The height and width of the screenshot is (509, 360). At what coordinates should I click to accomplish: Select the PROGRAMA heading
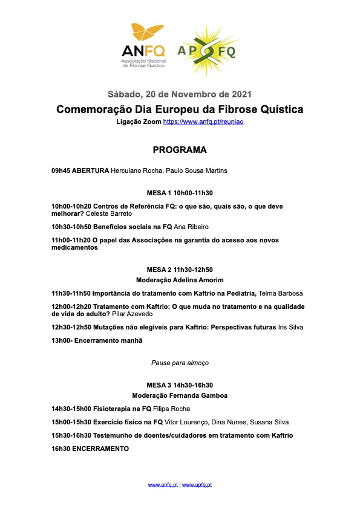click(180, 150)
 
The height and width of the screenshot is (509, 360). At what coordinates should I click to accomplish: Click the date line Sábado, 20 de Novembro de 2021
click(180, 94)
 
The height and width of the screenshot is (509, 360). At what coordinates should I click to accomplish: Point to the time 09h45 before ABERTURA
click(61, 171)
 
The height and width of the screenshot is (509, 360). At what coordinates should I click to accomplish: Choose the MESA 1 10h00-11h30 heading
click(180, 193)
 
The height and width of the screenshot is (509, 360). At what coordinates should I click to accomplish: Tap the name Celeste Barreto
click(110, 214)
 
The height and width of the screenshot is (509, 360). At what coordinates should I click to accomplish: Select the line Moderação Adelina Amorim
click(180, 280)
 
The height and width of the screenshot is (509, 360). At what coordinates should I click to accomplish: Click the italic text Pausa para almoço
click(180, 362)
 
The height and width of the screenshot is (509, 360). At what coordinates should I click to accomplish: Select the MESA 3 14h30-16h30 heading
click(180, 384)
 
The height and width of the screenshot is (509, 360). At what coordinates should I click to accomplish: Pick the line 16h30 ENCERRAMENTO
click(90, 449)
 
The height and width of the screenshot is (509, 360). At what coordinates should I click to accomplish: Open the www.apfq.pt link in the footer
click(197, 485)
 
